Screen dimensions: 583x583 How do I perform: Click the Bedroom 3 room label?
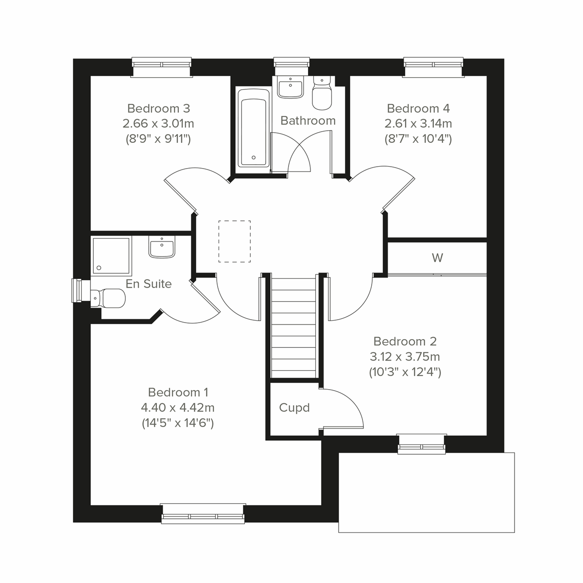[x=158, y=108]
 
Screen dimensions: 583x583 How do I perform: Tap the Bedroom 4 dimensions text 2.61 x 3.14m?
[x=418, y=123]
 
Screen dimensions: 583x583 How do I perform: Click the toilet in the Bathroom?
[x=321, y=94]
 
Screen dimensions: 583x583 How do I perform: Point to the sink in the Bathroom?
[x=291, y=87]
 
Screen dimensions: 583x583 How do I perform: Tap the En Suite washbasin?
[x=162, y=248]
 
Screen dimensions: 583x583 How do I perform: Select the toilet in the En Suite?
[x=108, y=297]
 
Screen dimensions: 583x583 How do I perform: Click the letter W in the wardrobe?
[x=437, y=258]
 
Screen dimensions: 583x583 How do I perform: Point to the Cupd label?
[x=294, y=408]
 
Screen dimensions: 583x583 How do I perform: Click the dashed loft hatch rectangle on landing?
[x=234, y=241]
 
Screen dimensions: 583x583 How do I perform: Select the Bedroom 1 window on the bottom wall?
[x=203, y=514]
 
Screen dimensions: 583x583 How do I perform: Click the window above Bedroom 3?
[x=162, y=67]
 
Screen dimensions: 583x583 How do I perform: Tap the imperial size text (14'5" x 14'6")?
[x=178, y=423]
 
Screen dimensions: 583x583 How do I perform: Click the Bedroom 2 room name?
[x=405, y=342]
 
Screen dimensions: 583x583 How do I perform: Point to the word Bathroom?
[x=308, y=120]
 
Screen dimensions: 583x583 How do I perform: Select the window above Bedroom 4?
[x=434, y=67]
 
